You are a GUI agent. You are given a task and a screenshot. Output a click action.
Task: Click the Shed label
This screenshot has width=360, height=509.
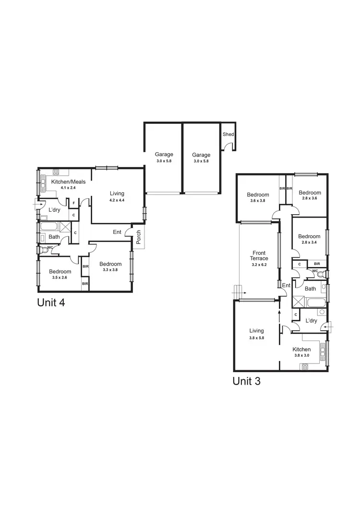coord(228,134)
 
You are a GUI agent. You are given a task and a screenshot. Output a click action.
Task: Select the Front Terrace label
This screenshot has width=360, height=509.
coord(260,255)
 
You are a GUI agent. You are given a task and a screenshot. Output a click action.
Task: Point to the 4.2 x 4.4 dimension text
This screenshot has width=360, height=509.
coord(116,200)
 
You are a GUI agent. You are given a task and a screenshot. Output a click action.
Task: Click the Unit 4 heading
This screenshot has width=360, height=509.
coord(50,303)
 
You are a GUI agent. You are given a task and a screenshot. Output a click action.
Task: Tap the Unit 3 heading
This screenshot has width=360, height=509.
coord(246,381)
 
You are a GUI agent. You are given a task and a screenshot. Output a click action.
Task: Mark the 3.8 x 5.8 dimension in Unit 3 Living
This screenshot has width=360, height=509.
coord(256,338)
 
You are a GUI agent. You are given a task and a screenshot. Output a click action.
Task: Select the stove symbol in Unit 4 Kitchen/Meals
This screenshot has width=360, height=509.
coord(56,171)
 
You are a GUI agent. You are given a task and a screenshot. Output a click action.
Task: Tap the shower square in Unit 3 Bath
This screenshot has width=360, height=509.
coord(298,303)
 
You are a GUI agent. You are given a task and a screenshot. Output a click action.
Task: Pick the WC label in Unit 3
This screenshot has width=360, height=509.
coord(315,271)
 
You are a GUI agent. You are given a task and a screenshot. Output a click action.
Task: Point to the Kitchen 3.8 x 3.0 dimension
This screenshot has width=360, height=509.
coord(302,356)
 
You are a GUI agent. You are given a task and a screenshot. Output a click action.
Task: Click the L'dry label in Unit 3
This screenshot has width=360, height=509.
coord(311,320)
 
